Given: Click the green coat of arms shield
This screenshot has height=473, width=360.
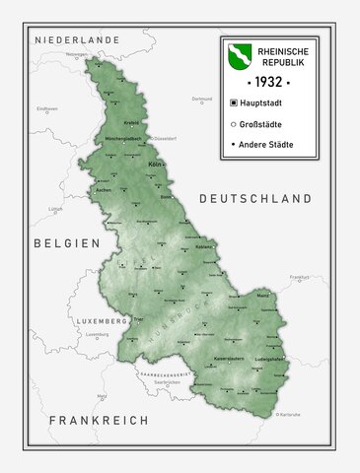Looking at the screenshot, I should tap(240, 56).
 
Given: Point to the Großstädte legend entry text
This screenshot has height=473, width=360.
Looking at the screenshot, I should tap(261, 124).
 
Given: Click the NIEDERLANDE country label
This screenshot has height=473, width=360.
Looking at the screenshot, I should tap(77, 39).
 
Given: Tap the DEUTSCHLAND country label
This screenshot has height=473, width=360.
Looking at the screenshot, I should tap(255, 199).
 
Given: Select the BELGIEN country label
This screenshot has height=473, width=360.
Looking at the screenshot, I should tap(66, 242).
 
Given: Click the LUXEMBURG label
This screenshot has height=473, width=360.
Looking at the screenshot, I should tap(98, 321).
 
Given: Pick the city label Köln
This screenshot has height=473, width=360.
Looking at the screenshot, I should tap(153, 164).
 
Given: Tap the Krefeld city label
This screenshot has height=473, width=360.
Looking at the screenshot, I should tap(131, 123).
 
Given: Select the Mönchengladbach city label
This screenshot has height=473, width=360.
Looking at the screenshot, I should tap(124, 140).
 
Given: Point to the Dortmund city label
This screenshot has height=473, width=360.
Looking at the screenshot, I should tap(201, 99).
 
